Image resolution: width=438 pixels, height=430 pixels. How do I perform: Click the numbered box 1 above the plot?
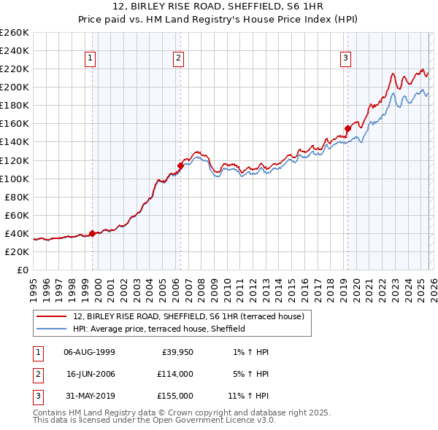coord(91,59)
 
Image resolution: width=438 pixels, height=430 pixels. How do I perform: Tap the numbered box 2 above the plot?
coord(179,59)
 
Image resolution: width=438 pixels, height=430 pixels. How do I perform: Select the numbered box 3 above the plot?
coord(345,59)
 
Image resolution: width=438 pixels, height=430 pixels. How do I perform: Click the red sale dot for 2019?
coord(347,128)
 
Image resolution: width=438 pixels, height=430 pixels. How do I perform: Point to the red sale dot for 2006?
coord(180,165)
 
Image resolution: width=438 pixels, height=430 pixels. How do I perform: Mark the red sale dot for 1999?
coord(92,233)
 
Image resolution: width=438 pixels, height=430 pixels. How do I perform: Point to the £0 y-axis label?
coord(23,270)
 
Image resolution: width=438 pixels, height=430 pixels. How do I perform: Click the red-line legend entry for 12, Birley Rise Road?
coord(193,316)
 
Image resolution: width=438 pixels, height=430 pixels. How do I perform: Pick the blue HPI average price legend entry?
coord(158,329)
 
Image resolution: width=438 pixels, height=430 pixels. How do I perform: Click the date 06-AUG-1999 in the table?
coord(90,351)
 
